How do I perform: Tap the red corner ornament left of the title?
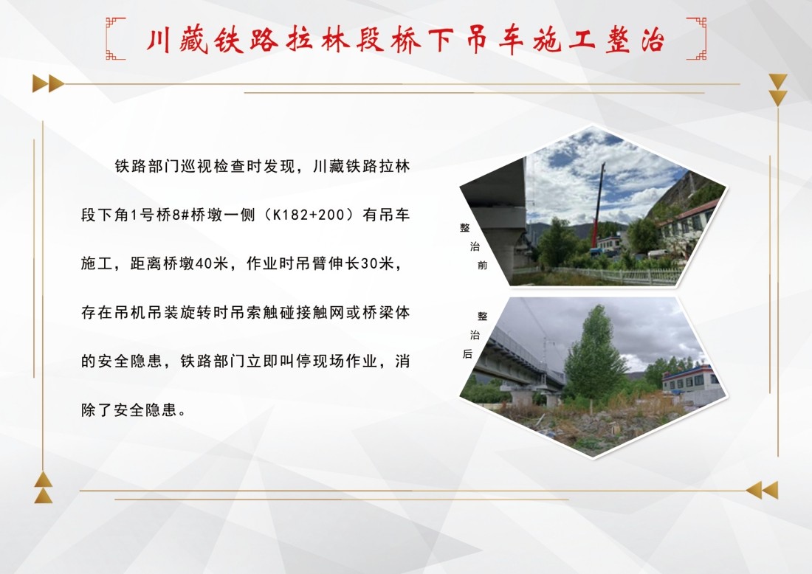[115, 38]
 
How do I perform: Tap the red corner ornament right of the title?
[696, 38]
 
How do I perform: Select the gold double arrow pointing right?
[48, 83]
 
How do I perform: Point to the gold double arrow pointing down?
[778, 89]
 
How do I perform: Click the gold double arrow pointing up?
[44, 488]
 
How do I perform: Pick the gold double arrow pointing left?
[762, 490]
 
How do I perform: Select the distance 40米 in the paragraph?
[206, 264]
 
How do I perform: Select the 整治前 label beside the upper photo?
[473, 246]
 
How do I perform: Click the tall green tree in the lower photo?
[594, 354]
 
